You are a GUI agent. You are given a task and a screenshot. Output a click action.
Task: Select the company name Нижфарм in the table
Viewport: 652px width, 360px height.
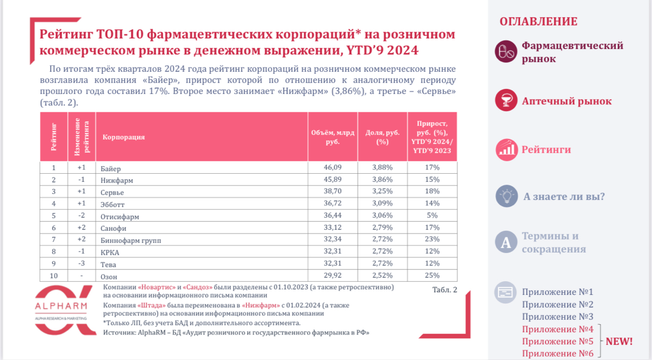coord(117,180)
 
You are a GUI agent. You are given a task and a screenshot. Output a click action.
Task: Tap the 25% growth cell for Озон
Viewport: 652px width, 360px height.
coord(432,275)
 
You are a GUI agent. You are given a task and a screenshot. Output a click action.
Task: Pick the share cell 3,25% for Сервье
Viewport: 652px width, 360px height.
coord(383,192)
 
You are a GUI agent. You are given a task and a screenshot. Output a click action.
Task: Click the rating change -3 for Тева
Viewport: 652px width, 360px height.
coord(81,264)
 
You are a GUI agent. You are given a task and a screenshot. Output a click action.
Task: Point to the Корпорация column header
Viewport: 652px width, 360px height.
coord(123,137)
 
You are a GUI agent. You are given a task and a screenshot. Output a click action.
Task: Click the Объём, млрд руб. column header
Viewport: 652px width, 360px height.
coord(333,137)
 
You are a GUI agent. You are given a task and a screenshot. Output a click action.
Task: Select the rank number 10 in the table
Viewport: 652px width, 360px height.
coord(53,275)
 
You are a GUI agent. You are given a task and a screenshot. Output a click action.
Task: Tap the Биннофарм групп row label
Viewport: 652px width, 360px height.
coord(131,240)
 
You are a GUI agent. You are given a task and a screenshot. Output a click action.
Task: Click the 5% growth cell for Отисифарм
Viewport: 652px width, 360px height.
coord(432,216)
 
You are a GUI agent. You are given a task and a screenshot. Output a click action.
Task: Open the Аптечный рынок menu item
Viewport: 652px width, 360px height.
coord(566,102)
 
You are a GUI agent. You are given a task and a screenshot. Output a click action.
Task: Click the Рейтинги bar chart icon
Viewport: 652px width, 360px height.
coord(506,149)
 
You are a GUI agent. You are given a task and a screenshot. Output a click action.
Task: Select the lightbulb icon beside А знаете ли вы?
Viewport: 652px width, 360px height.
coord(506,197)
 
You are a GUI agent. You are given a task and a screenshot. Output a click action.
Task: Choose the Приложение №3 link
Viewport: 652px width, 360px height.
coord(557,317)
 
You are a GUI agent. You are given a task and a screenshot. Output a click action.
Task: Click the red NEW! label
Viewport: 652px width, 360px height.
coord(619,342)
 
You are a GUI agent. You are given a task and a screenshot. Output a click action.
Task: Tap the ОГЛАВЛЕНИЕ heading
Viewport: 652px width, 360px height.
coord(538,22)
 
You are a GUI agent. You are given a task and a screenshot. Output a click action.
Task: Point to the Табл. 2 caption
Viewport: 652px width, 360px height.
coord(444,289)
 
